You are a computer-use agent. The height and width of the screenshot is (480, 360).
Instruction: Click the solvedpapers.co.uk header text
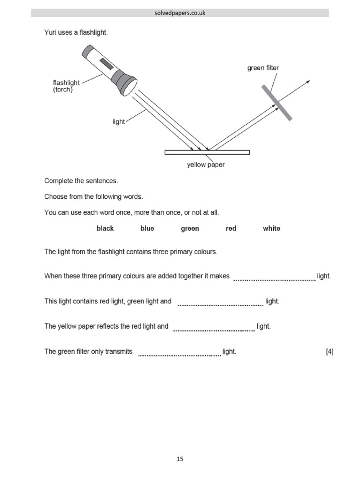point(180,13)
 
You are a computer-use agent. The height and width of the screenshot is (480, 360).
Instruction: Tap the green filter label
point(263,68)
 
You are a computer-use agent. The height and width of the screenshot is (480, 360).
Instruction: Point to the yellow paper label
point(206,165)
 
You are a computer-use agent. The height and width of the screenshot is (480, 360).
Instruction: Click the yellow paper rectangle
point(207,152)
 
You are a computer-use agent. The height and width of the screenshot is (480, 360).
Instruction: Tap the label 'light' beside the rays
point(119,121)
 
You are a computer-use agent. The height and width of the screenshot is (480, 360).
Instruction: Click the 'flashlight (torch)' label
point(66,86)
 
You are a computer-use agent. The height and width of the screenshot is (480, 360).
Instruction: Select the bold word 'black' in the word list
point(105,228)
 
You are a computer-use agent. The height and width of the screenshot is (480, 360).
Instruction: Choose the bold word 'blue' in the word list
point(147,228)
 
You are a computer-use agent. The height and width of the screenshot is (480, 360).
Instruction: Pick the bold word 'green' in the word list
point(190,228)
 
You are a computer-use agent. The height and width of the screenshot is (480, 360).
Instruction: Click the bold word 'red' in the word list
point(231,228)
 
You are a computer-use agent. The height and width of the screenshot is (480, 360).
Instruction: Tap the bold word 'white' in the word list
point(271,228)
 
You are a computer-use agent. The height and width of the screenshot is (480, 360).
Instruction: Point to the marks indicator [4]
point(330,352)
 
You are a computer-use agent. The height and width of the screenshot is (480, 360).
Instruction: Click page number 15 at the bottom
point(180,459)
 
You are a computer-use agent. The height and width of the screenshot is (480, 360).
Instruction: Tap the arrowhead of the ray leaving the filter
point(308,82)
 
